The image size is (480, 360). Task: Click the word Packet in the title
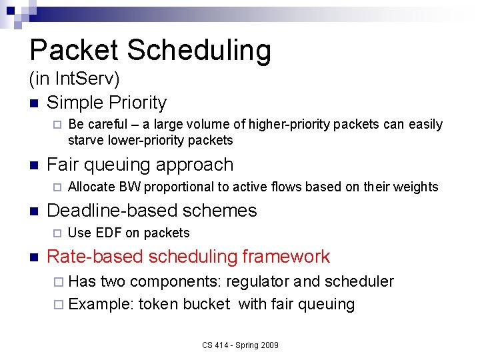(x=73, y=51)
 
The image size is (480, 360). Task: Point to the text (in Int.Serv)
(x=74, y=79)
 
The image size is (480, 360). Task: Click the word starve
(x=85, y=141)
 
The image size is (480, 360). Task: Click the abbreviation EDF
(x=109, y=233)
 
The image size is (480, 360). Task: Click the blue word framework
(x=285, y=257)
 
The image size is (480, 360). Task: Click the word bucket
(x=206, y=305)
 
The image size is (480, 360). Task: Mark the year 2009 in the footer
(x=268, y=345)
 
